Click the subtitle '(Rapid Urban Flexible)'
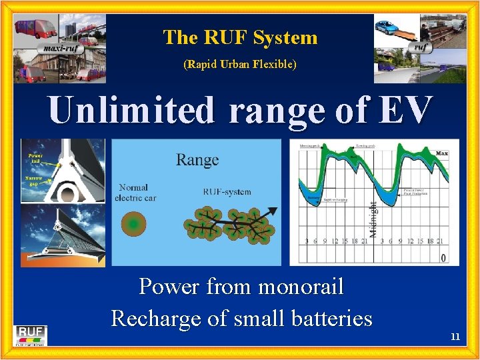240,65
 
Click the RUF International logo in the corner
31,335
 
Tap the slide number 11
455,337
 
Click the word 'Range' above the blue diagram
197,160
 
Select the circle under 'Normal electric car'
133,225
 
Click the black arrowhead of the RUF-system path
274,212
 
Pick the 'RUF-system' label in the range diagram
227,192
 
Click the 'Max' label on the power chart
441,153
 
